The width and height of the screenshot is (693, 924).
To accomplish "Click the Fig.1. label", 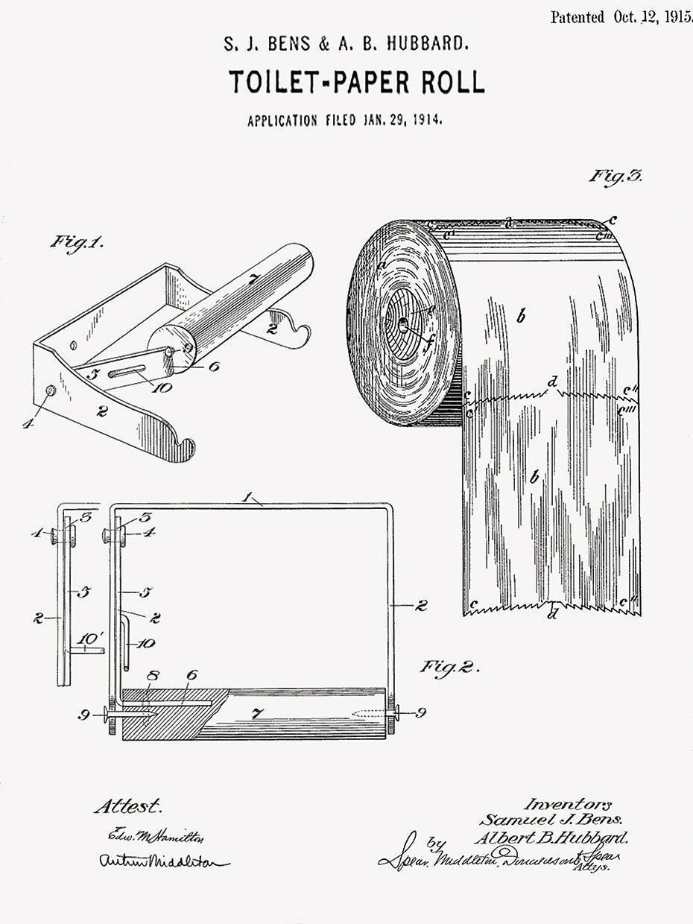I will [x=77, y=243].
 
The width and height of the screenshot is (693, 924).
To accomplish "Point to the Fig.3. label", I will [x=616, y=177].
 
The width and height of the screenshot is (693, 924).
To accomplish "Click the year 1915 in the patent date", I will [x=677, y=17].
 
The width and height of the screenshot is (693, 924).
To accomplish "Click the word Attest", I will [x=127, y=807].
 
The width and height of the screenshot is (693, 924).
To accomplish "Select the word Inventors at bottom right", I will [x=567, y=804].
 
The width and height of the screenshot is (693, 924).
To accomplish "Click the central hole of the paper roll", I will [x=403, y=325].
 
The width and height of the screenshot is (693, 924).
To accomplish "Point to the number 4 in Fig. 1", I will [x=28, y=423].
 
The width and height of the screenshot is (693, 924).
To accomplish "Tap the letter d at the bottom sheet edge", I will [x=552, y=614].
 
